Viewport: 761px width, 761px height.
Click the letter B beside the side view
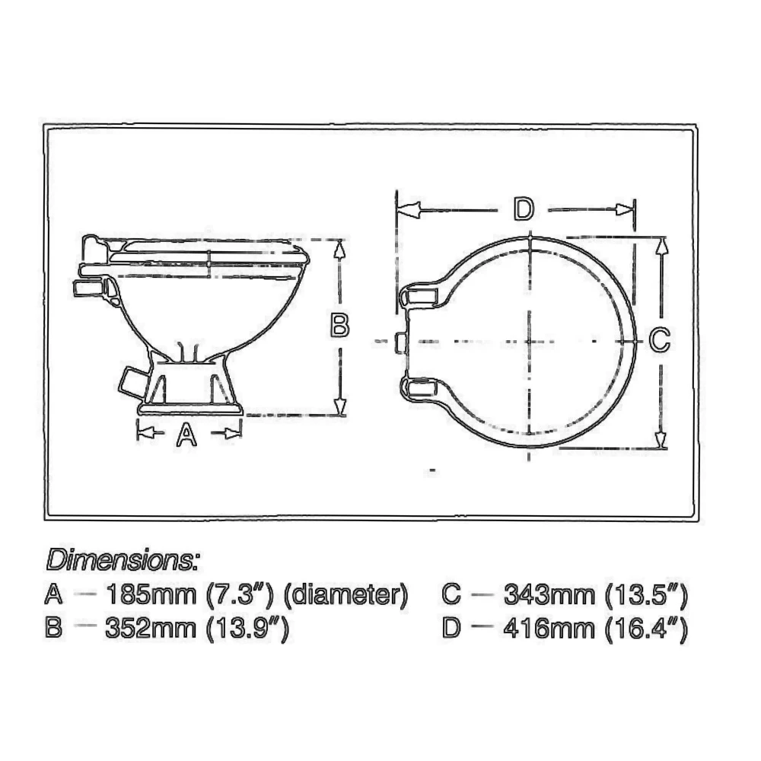coord(340,326)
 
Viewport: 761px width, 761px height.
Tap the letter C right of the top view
coord(660,339)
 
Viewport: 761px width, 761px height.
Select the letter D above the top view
coord(522,209)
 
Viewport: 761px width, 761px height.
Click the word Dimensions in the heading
coord(123,561)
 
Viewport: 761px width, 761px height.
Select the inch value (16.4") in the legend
coord(647,629)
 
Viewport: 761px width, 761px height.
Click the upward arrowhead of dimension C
coord(661,245)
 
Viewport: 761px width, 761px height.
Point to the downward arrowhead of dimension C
coord(661,441)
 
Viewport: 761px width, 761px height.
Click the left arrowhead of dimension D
coord(409,209)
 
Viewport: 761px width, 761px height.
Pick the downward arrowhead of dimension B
coord(341,406)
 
